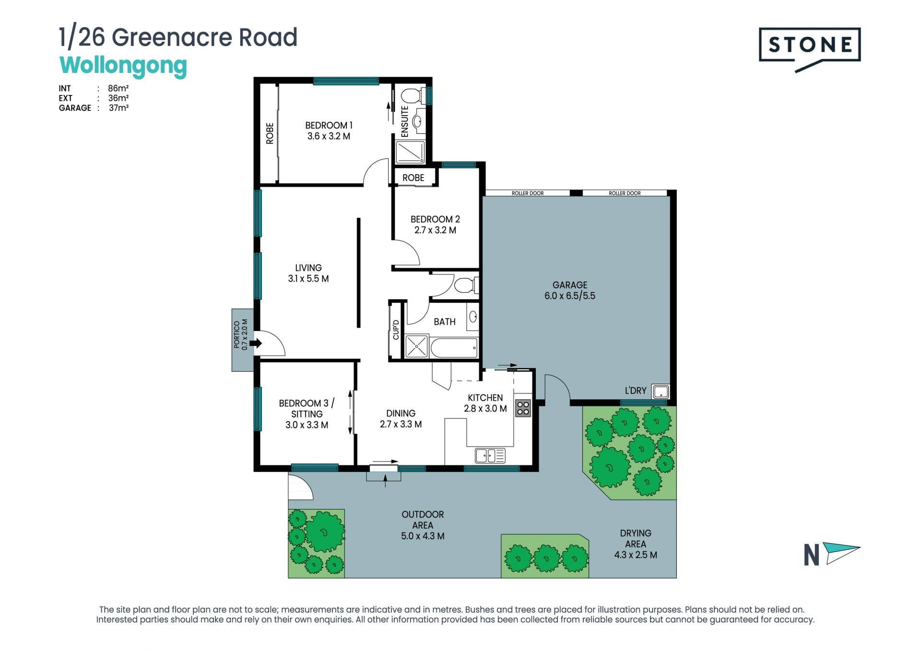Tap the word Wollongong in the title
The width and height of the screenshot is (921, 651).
[x=123, y=66]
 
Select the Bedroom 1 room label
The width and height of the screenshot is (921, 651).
[x=329, y=125]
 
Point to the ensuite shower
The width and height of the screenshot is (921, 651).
[x=410, y=152]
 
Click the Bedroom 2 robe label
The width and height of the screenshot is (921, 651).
[x=413, y=178]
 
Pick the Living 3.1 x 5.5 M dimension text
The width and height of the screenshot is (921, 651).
[x=308, y=279]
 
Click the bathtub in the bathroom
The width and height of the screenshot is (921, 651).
[x=454, y=347]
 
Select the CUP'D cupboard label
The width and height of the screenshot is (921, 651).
[x=396, y=330]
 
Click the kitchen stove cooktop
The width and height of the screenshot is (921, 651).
[x=523, y=408]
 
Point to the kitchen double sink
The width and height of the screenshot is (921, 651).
[x=490, y=455]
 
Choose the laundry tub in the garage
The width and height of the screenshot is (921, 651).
[x=661, y=391]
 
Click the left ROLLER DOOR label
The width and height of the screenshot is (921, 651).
[x=528, y=193]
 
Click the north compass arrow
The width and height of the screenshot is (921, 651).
[x=841, y=553]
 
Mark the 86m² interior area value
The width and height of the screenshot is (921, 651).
[x=118, y=88]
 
